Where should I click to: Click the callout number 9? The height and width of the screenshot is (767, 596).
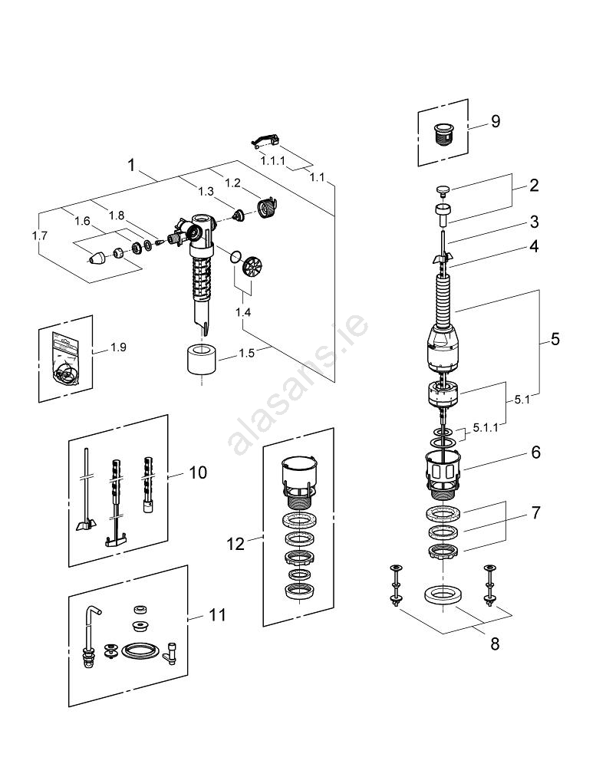coord(495,121)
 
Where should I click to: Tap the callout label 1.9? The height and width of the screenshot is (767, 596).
coord(118,347)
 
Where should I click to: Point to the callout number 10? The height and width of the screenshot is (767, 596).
coord(197,472)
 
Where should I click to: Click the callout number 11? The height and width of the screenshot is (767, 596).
coord(217,615)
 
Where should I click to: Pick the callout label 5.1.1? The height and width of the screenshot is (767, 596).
coord(485,427)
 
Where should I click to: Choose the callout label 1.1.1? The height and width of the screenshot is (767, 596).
coord(272,162)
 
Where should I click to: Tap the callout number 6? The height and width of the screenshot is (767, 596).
coord(535,453)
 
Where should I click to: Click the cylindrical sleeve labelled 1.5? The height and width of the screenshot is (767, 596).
coord(200,359)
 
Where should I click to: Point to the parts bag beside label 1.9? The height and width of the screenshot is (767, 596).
coord(64,358)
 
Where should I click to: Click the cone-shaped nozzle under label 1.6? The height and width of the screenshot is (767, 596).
coord(99,258)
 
